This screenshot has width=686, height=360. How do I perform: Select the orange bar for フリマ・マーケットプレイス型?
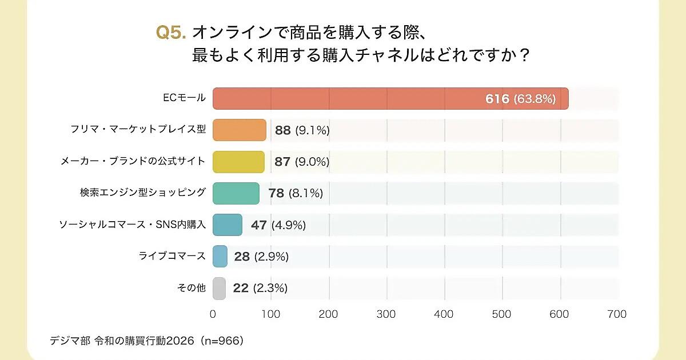240,130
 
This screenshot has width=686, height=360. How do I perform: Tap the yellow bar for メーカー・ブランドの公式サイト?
238,162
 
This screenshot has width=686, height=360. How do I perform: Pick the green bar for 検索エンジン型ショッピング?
236,193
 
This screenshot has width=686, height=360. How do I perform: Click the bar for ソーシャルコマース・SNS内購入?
227,225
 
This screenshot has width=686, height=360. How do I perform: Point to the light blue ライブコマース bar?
220,256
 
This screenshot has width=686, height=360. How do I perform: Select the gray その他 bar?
219,288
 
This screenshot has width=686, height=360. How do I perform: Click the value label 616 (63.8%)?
520,99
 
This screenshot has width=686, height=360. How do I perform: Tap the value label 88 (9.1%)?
302,130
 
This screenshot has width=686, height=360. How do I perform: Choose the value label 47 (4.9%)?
278,225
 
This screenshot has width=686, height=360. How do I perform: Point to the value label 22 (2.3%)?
260,289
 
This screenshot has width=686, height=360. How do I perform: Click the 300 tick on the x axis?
386,314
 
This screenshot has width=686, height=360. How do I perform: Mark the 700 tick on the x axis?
617,314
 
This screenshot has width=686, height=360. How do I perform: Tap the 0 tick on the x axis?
213,314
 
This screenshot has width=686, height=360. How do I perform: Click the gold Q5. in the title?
171,33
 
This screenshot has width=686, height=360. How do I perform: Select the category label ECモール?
184,98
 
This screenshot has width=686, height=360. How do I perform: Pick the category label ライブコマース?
172,256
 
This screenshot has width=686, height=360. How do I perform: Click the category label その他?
191,288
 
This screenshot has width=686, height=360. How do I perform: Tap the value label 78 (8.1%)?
296,194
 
